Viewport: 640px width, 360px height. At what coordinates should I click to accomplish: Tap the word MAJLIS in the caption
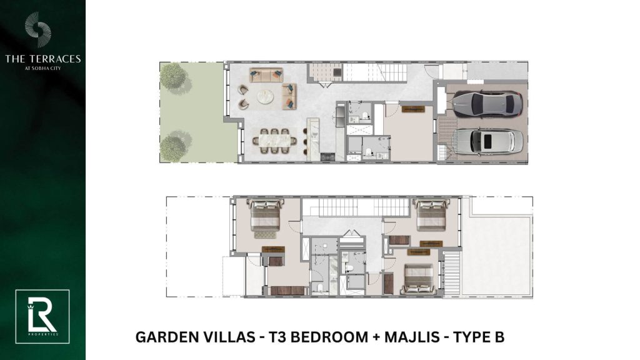click(412, 337)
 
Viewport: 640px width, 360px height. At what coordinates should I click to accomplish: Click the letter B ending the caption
click(499, 337)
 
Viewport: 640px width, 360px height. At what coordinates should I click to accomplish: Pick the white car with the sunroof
click(488, 141)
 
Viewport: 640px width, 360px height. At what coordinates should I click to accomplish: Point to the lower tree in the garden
click(174, 146)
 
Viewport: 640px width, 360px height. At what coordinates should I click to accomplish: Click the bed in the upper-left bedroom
click(265, 215)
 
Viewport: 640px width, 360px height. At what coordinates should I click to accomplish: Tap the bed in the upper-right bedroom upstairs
click(431, 214)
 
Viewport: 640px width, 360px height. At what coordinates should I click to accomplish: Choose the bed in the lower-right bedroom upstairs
click(418, 279)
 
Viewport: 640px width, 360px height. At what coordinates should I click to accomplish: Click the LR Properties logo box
click(42, 317)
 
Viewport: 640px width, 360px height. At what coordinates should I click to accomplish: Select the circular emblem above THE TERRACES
click(38, 29)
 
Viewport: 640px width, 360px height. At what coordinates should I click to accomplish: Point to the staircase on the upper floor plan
click(355, 207)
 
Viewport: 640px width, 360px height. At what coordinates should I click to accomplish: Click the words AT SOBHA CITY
click(43, 68)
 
